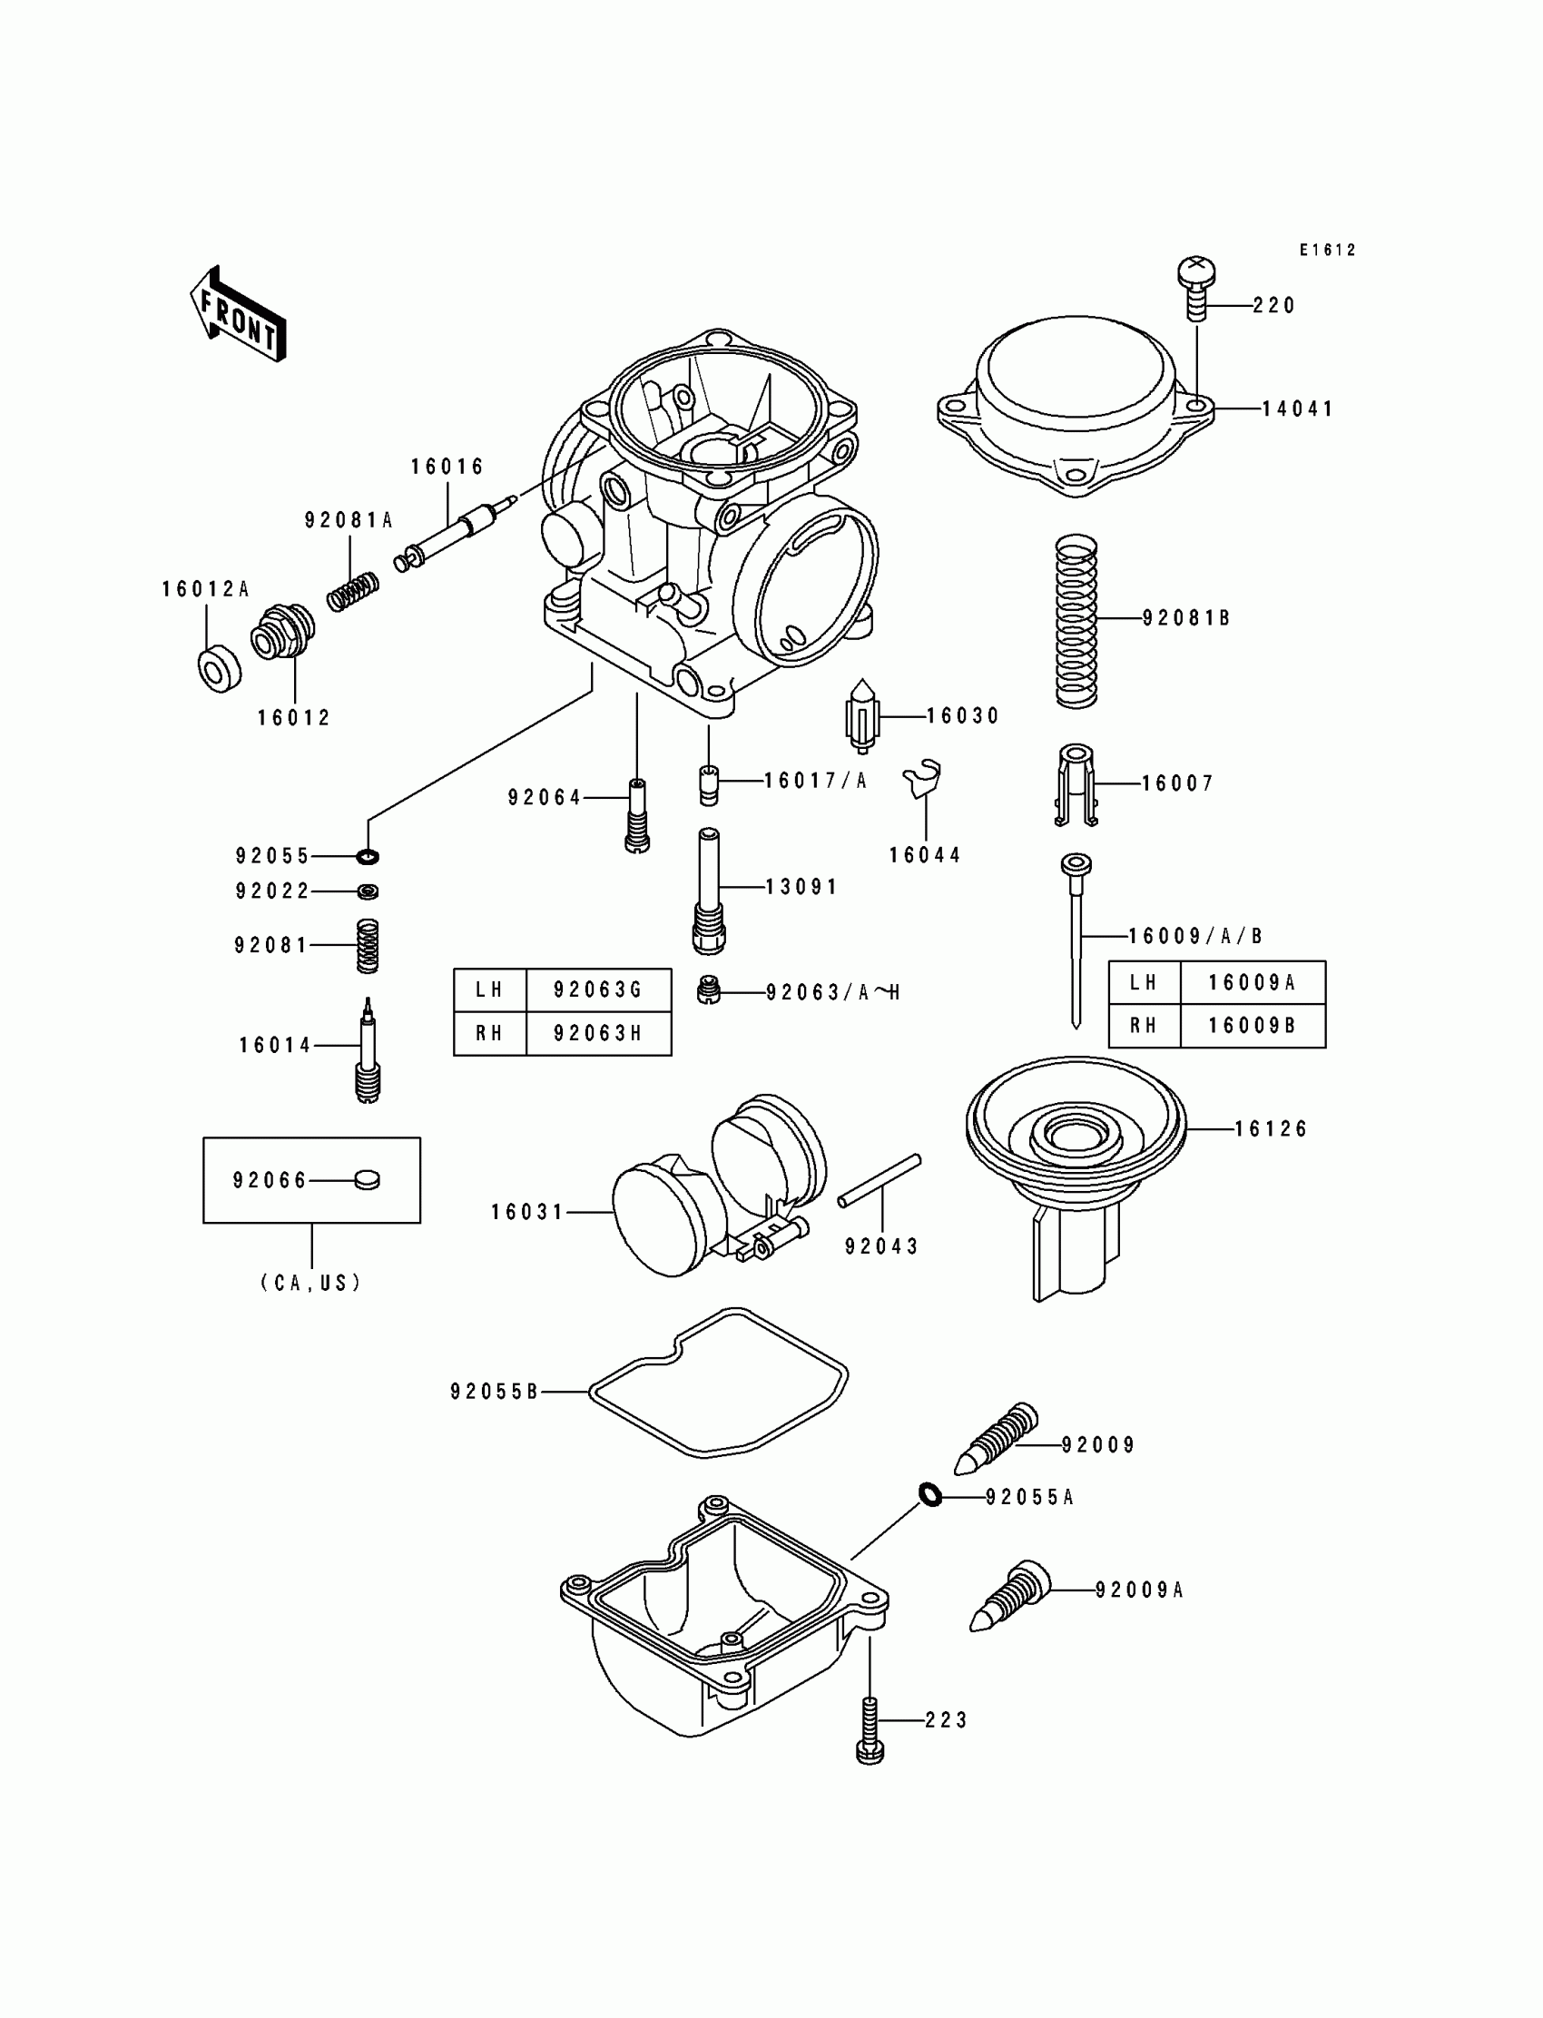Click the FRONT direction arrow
tap(238, 314)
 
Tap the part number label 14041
tap(1297, 409)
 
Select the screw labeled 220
tap(1196, 288)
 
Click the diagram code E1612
tap(1327, 250)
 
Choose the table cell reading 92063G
tap(598, 990)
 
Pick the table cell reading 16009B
tap(1252, 1026)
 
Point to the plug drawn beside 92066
tap(367, 1179)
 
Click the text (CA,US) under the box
tap(311, 1284)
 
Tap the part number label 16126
tap(1270, 1129)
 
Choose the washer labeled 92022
tap(368, 891)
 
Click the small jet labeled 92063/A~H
tap(707, 991)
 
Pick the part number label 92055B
tap(494, 1393)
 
